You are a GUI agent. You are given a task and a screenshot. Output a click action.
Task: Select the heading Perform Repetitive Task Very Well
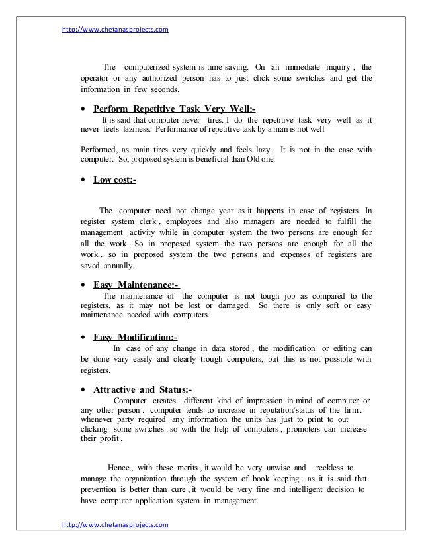tap(175, 109)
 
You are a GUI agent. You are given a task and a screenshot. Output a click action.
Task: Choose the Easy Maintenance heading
tap(137, 285)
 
